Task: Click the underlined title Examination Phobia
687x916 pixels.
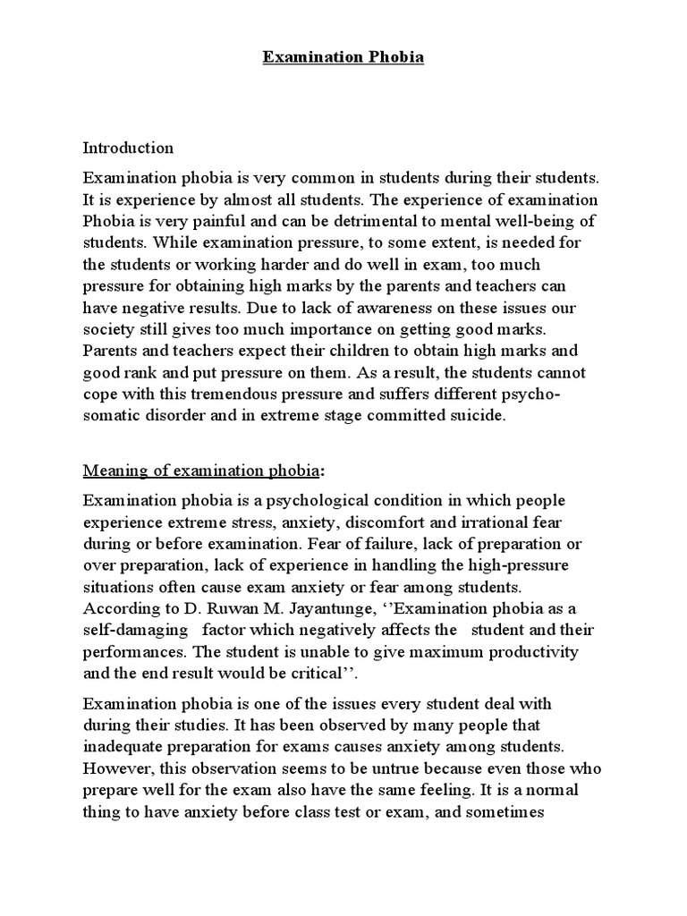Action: click(x=343, y=58)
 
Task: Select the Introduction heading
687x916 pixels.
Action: click(x=128, y=147)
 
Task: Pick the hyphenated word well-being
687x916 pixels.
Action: click(x=532, y=219)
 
